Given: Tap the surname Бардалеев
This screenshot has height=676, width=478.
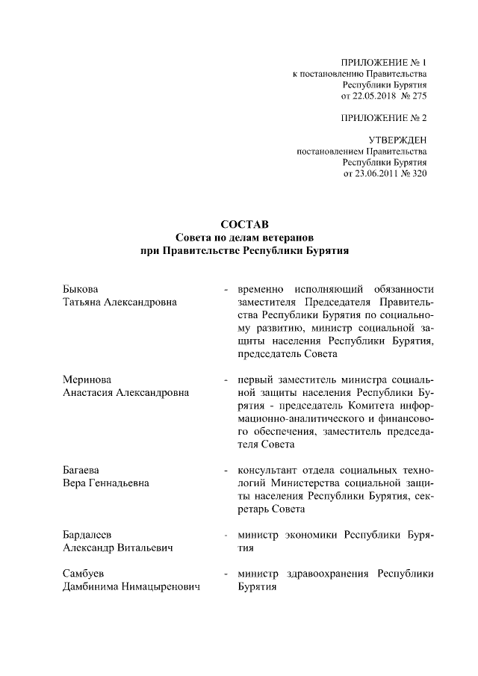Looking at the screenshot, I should click(x=87, y=536).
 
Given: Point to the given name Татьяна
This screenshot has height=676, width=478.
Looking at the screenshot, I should click(x=81, y=302).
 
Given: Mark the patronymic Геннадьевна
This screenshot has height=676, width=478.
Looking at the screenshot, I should click(x=119, y=484).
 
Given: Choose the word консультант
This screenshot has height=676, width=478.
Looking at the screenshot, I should click(x=267, y=471).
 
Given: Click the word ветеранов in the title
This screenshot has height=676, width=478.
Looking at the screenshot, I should click(x=277, y=238).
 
